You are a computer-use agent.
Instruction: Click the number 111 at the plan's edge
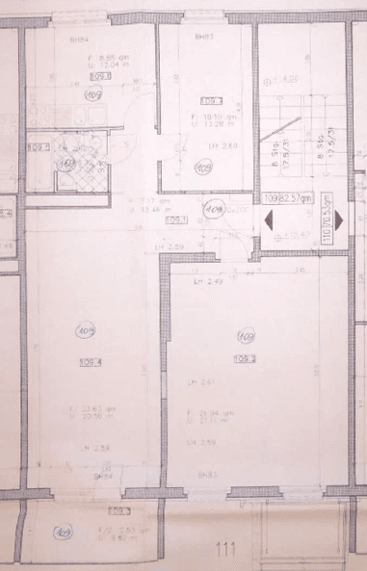226,551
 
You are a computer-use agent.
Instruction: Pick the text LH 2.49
207,281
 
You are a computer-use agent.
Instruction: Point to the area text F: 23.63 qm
87,409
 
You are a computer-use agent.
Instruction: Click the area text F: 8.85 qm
92,57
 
